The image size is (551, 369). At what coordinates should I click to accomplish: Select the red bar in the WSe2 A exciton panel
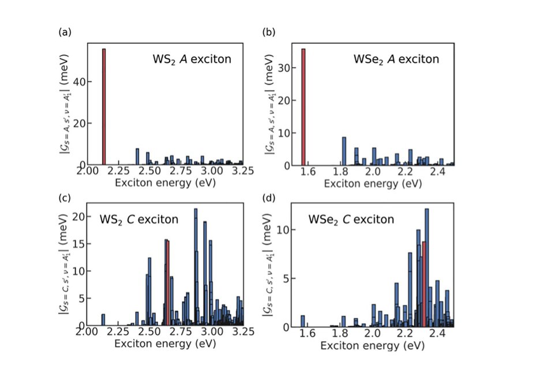pos(303,107)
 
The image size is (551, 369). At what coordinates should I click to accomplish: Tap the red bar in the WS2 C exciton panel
pos(168,283)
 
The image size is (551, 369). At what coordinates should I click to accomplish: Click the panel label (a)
pos(65,32)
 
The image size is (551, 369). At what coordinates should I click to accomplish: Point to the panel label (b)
pos(269,32)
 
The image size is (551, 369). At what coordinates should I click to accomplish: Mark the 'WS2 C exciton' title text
pos(139,219)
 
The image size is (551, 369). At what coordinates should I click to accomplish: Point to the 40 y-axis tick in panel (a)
pos(78,81)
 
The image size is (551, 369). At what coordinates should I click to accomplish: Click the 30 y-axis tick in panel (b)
pos(284,68)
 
